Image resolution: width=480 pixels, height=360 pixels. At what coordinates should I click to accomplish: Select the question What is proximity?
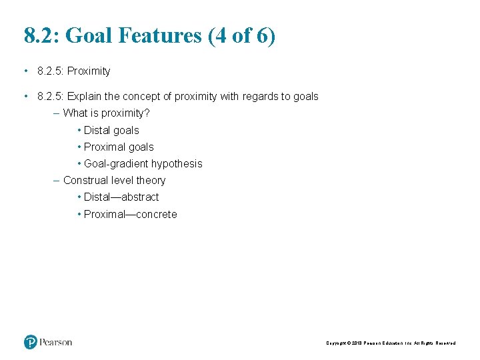point(106,113)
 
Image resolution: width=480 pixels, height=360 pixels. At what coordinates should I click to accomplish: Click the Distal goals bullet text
point(111,131)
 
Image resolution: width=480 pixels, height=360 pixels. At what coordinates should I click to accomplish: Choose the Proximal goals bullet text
point(119,147)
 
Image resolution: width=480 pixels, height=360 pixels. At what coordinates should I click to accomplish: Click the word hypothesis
point(177,164)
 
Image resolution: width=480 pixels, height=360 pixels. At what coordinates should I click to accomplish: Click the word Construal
point(85,181)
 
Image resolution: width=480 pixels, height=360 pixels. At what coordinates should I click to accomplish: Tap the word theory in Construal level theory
point(151,181)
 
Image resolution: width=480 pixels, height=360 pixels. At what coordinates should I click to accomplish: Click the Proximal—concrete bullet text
point(131,215)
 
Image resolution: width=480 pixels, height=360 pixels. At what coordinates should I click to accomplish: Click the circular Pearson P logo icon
point(31,342)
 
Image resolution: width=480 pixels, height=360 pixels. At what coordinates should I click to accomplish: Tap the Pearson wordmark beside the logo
point(55,342)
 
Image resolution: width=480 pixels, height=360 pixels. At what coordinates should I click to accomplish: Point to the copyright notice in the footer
point(391,343)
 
